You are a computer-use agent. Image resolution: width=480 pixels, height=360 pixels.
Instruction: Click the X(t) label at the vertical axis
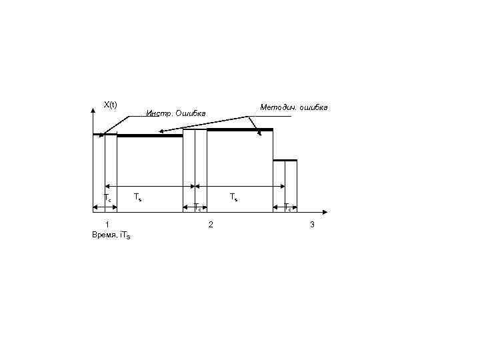tap(110, 105)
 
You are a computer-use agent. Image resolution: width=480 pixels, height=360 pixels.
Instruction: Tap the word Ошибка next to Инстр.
tap(191, 113)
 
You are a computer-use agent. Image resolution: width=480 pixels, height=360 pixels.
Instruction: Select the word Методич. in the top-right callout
tap(278, 107)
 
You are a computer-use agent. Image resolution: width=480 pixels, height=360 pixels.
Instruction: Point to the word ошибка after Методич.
tap(313, 107)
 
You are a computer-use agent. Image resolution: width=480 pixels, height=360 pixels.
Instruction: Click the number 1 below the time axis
tap(107, 224)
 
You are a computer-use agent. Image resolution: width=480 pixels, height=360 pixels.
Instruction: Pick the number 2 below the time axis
tap(211, 225)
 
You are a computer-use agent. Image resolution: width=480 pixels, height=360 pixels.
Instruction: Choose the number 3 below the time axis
tap(312, 225)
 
